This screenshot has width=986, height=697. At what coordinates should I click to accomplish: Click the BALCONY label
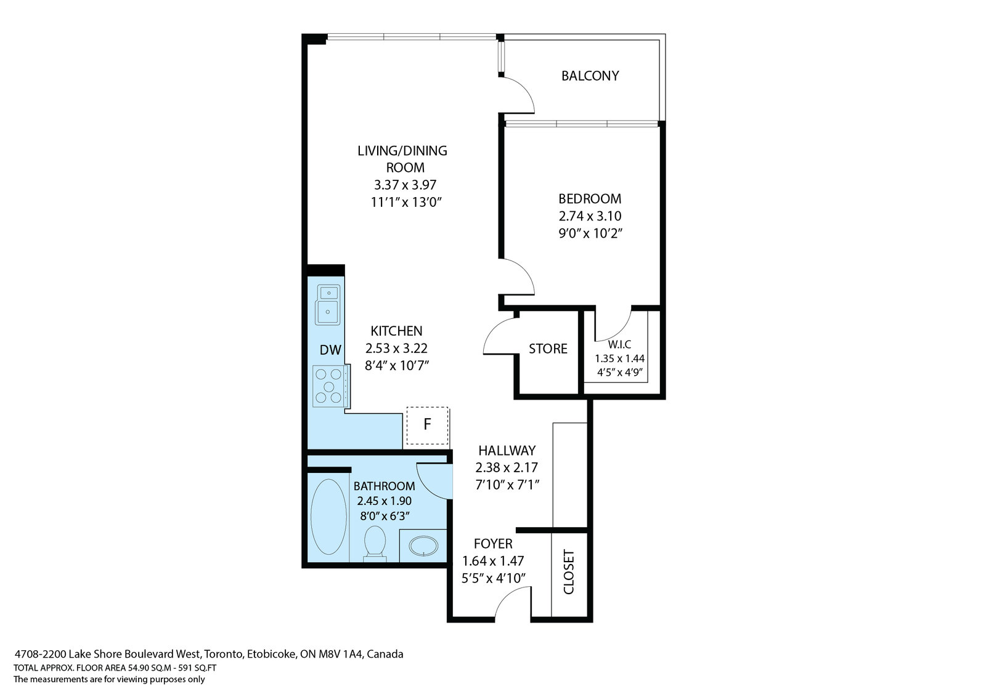click(590, 76)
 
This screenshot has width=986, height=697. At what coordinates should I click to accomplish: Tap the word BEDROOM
click(590, 199)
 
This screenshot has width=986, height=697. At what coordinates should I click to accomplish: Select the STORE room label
click(548, 348)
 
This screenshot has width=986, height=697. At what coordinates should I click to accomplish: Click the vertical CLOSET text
click(569, 572)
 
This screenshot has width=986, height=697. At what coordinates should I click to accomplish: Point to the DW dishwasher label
click(330, 350)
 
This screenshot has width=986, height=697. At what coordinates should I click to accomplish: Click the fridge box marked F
click(427, 425)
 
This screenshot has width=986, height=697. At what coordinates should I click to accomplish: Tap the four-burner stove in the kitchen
click(331, 385)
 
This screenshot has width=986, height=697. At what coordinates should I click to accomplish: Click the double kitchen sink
click(327, 305)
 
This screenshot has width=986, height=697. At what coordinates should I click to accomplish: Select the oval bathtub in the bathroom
click(328, 517)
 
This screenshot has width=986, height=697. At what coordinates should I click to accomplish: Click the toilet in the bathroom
click(375, 544)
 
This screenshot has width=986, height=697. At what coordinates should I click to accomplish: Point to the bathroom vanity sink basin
click(423, 546)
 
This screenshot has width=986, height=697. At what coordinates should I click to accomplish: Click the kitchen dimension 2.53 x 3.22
click(396, 348)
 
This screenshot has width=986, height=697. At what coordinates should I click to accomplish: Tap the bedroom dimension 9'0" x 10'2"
click(590, 233)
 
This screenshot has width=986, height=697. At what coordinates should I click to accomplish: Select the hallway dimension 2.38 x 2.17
click(507, 467)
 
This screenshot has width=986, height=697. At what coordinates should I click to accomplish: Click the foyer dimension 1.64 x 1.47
click(493, 561)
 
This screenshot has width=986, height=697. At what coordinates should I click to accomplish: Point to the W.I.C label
click(619, 344)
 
